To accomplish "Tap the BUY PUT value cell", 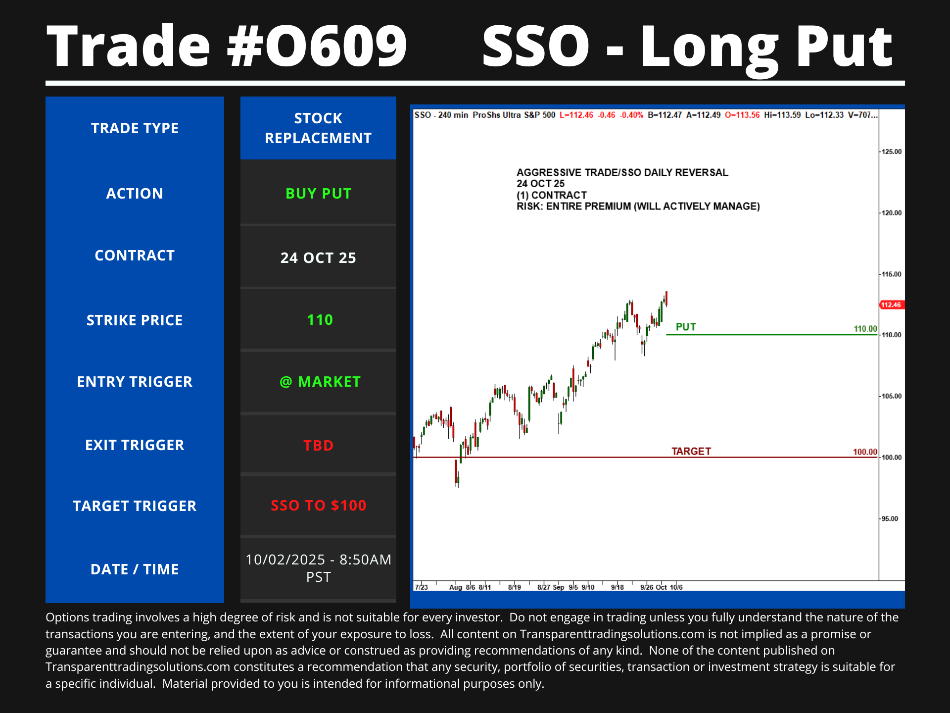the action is pyautogui.click(x=318, y=194).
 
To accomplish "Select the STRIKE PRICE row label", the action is pyautogui.click(x=135, y=320).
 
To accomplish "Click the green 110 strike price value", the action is pyautogui.click(x=320, y=320).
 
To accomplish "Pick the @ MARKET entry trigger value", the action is pyautogui.click(x=320, y=382).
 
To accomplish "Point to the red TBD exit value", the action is pyautogui.click(x=318, y=445).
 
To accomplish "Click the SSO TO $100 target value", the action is pyautogui.click(x=318, y=506).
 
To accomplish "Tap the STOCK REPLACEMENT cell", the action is pyautogui.click(x=318, y=128).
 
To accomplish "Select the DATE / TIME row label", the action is pyautogui.click(x=135, y=569).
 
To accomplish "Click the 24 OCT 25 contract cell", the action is pyautogui.click(x=318, y=258).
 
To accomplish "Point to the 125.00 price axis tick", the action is pyautogui.click(x=892, y=152).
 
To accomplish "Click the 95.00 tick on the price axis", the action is pyautogui.click(x=890, y=518).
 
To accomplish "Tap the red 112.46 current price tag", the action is pyautogui.click(x=892, y=305).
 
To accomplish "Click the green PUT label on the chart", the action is pyautogui.click(x=686, y=327).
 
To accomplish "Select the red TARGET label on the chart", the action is pyautogui.click(x=691, y=451).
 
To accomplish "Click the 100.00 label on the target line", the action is pyautogui.click(x=865, y=452).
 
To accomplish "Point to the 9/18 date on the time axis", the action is pyautogui.click(x=617, y=587).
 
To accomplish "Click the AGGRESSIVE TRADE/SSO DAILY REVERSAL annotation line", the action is pyautogui.click(x=622, y=172).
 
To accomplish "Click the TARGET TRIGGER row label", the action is pyautogui.click(x=135, y=506).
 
